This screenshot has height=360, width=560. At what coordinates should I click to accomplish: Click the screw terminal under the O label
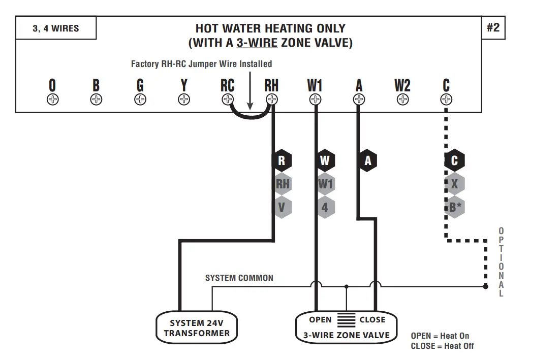coord(52,100)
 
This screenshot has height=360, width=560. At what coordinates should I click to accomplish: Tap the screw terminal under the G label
coord(140,100)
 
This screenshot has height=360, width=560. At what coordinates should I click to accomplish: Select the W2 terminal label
coord(402,85)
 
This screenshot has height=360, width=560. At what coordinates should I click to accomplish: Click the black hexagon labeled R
coord(282,161)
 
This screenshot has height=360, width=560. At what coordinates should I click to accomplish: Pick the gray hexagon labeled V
coord(282,207)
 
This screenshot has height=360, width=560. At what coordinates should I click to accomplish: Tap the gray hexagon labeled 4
coord(325,207)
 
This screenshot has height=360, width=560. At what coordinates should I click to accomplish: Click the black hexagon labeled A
coord(367,161)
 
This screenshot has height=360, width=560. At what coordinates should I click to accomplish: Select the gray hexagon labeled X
coord(454,184)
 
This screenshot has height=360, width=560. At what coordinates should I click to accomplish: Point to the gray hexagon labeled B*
coord(454,207)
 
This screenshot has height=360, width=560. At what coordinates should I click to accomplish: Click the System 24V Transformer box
coord(197,328)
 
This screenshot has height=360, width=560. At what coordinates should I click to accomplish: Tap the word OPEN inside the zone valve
coord(320,320)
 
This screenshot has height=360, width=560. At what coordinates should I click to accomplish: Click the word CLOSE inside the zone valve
coord(372,320)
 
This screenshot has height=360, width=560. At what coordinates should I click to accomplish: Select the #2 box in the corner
coord(493,27)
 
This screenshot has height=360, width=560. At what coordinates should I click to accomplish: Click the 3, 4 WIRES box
coord(56,28)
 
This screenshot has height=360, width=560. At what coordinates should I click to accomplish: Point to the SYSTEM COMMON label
coord(239,278)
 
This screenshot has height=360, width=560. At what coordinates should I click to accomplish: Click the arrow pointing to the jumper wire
coord(250,91)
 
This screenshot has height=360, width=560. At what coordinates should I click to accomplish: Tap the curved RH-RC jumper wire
coord(250,116)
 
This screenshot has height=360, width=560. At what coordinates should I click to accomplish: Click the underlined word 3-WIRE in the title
coord(257,43)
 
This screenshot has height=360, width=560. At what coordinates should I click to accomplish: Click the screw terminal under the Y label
coord(184,100)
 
